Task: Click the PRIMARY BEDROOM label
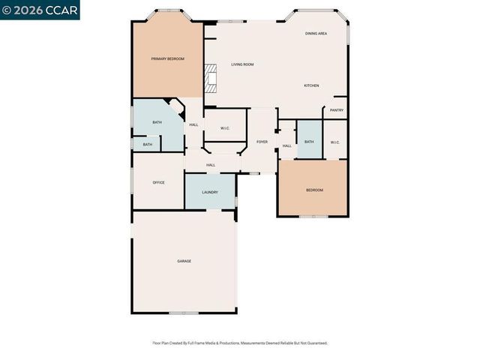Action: [167, 58]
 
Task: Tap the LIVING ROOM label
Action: [241, 64]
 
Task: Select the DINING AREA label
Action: [316, 34]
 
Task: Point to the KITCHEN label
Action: [311, 85]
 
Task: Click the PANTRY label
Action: [337, 110]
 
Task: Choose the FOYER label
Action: [262, 141]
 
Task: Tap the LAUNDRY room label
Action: [210, 192]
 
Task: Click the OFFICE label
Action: [158, 182]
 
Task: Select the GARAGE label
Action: [184, 261]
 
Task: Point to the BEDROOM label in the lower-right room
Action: [314, 190]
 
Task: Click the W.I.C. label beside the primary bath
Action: [225, 128]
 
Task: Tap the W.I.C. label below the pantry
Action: [334, 142]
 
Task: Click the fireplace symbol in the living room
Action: [211, 78]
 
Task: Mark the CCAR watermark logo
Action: [40, 10]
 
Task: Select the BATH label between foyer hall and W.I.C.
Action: [309, 142]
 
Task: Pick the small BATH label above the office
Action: [148, 145]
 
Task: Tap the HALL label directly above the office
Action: [211, 165]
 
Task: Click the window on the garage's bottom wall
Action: [184, 313]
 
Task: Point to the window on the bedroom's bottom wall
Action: [313, 217]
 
